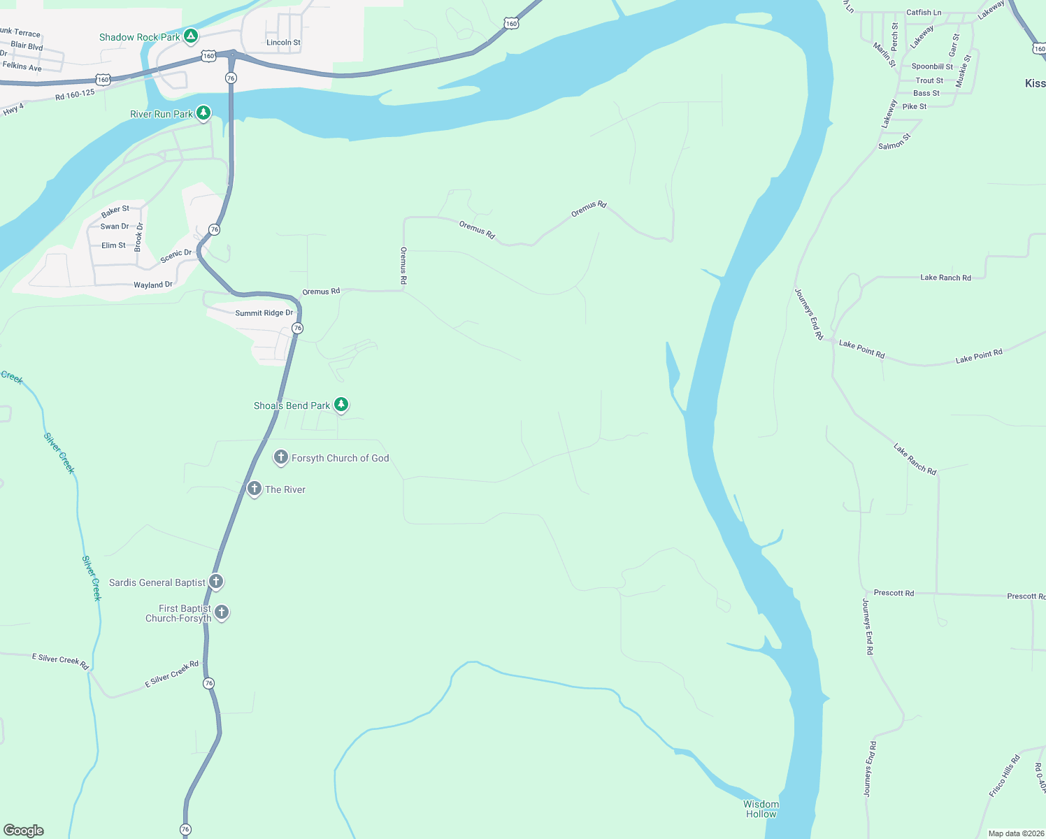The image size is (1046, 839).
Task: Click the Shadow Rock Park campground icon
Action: point(191,36)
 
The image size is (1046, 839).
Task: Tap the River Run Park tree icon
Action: point(203,113)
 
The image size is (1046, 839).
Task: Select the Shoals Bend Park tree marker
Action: point(341,404)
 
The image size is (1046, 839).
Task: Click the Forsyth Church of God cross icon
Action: point(281,457)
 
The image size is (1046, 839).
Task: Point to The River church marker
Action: point(255,488)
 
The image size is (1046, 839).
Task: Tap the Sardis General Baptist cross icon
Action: point(216,581)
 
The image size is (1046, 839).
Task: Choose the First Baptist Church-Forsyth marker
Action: point(222,612)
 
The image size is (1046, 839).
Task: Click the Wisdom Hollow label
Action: point(761,809)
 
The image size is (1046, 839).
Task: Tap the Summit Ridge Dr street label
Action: point(264,313)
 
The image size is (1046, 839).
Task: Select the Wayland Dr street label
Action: point(153,285)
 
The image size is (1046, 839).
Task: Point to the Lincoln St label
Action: point(283,43)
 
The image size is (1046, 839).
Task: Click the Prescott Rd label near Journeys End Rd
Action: point(894,593)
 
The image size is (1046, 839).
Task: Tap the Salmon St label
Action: point(894,142)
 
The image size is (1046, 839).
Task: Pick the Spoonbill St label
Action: point(932,66)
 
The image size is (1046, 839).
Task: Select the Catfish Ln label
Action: point(924,13)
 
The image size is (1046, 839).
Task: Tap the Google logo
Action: point(24,830)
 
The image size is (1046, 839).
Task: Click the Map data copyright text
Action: point(1016,833)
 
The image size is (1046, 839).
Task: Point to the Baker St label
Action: point(115,210)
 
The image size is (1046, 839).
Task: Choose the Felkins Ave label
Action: point(22,66)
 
